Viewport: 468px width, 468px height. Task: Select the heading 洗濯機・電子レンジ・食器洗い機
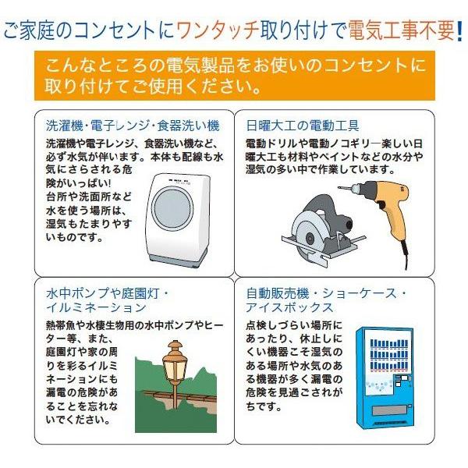click(x=132, y=125)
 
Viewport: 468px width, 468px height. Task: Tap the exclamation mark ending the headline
click(x=460, y=31)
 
